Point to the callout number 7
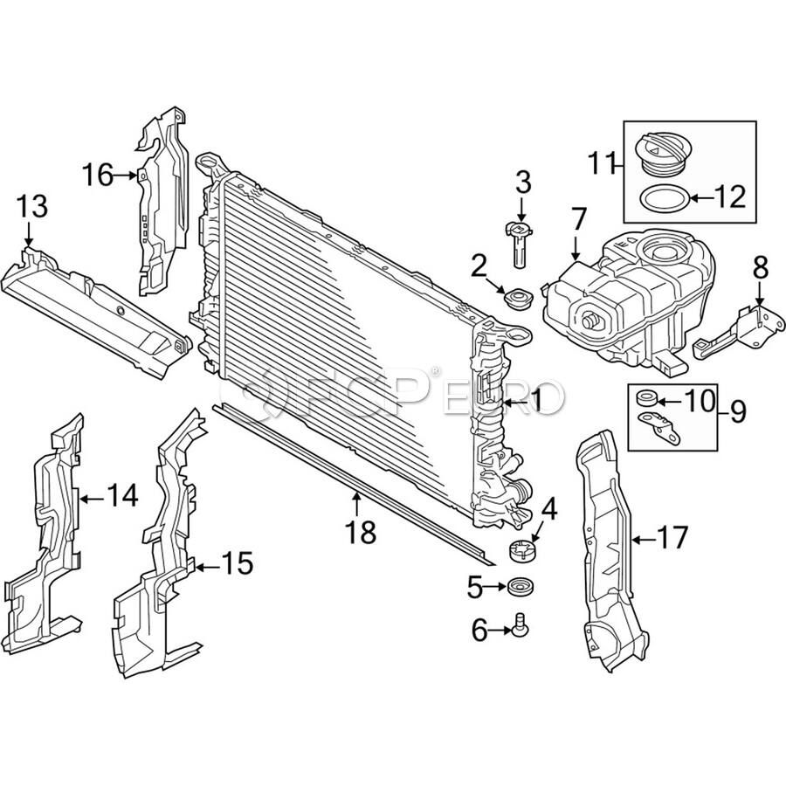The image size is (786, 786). point(578,219)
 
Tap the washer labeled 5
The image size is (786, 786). point(522,587)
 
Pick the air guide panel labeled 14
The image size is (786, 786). point(45,524)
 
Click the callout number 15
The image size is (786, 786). point(235,564)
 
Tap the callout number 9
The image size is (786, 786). point(738,410)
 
